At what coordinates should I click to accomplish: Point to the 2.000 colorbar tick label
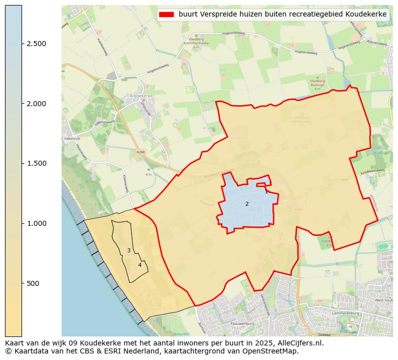coord(37,104)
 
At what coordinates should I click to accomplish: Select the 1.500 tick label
coord(37,164)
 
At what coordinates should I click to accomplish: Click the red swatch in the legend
coord(166,15)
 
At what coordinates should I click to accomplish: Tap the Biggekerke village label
coord(141,95)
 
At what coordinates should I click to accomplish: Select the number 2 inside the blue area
coord(247,204)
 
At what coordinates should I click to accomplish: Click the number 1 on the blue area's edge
coord(266,191)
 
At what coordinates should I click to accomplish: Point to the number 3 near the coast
coord(129,250)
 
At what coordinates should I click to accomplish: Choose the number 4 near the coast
coord(140,265)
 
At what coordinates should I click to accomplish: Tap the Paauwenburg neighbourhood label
coord(242,324)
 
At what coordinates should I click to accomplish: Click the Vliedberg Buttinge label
coord(317,83)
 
